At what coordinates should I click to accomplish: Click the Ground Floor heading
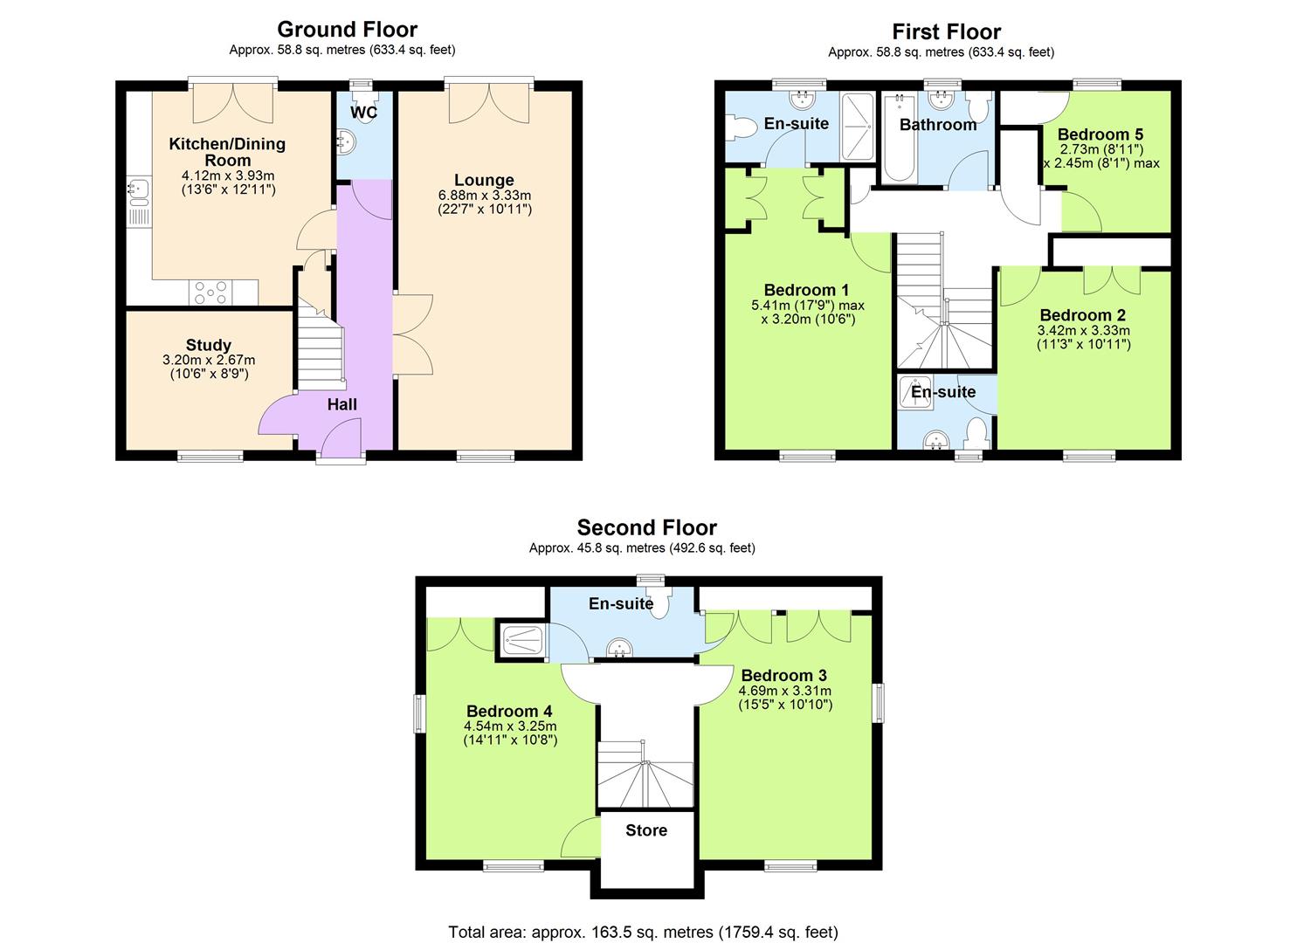click(347, 30)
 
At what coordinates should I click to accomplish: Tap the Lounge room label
click(485, 181)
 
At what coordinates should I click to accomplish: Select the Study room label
click(208, 345)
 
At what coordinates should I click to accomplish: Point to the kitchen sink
click(137, 198)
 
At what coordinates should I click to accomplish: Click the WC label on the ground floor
click(364, 113)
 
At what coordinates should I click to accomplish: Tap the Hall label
click(342, 404)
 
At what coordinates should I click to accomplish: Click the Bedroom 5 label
click(1100, 134)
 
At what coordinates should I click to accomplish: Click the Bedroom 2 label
click(1082, 315)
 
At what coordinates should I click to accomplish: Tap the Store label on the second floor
click(646, 830)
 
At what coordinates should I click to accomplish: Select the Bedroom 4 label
click(508, 711)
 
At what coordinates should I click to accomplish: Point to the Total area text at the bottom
click(643, 932)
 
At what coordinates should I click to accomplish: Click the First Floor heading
click(946, 32)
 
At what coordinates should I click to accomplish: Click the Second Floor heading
click(646, 527)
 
